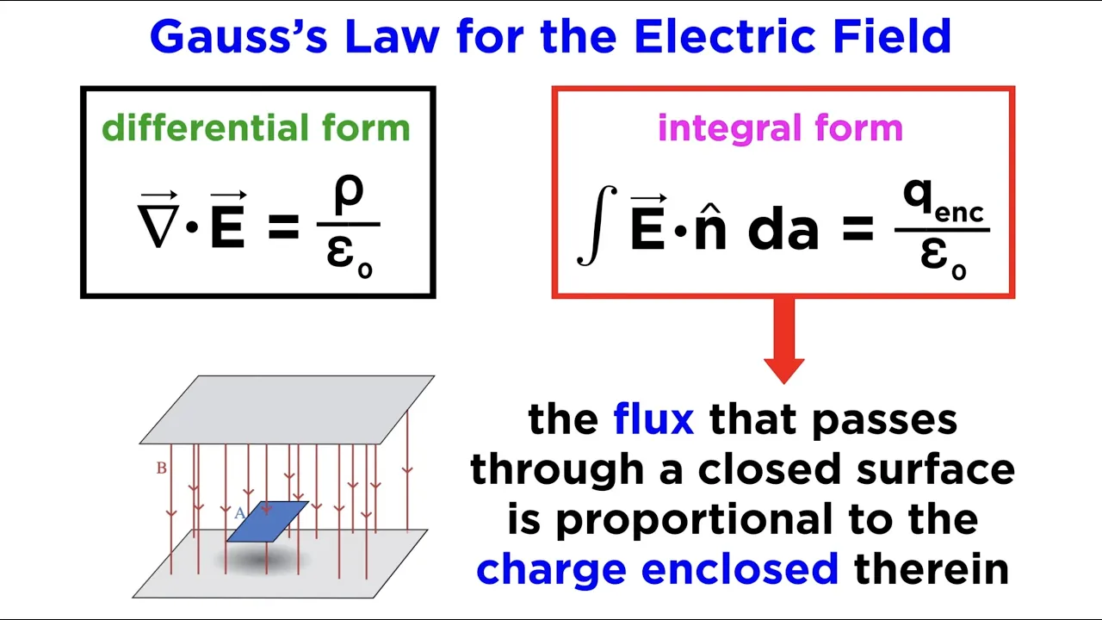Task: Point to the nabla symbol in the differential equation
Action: [x=158, y=226]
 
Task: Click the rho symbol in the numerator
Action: [x=349, y=194]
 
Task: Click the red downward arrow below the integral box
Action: [x=783, y=340]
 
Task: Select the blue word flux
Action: [x=653, y=419]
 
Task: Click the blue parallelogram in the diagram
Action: [x=268, y=522]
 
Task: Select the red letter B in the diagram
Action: [x=161, y=468]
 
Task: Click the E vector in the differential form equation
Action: [x=228, y=226]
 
